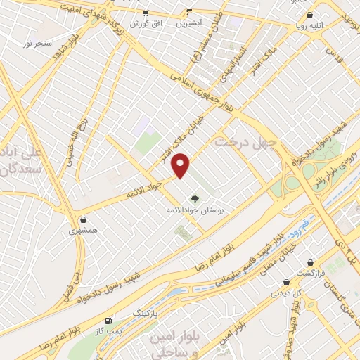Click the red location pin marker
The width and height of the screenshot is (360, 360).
(x=182, y=165)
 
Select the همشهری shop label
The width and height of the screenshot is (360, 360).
(x=84, y=230)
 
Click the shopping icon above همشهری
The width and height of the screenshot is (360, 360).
(x=84, y=219)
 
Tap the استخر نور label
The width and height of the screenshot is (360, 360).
(x=38, y=44)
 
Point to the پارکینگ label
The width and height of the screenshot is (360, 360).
(x=146, y=310)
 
